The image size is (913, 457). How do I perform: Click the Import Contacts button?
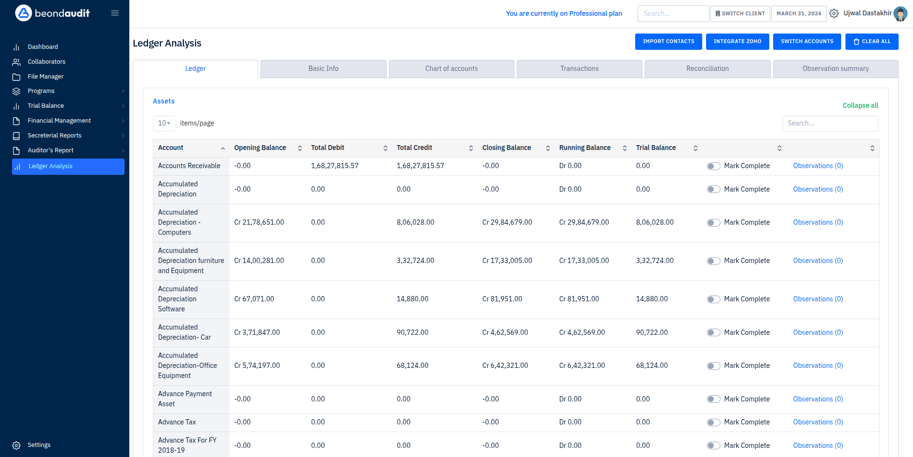668,42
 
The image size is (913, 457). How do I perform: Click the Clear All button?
871,42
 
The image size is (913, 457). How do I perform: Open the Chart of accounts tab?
451,69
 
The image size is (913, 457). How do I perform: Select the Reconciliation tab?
707,69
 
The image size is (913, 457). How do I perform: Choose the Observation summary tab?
835,69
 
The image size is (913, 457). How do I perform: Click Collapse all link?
860,105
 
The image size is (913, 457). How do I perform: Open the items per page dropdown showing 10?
164,123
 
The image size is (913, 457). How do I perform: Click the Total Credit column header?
414,148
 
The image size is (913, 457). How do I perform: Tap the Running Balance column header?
584,148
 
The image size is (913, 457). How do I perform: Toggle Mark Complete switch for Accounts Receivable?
713,166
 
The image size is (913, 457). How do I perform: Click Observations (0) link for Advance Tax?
817,422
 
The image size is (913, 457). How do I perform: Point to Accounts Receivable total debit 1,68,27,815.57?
334,166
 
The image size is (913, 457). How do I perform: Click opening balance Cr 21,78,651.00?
259,222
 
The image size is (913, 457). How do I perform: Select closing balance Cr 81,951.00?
502,299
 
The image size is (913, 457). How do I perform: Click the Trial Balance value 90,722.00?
651,332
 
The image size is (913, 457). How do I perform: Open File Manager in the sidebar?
46,77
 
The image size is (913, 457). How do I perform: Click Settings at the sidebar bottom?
39,445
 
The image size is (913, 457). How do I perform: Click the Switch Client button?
740,13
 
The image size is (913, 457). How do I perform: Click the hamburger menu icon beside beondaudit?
115,13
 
